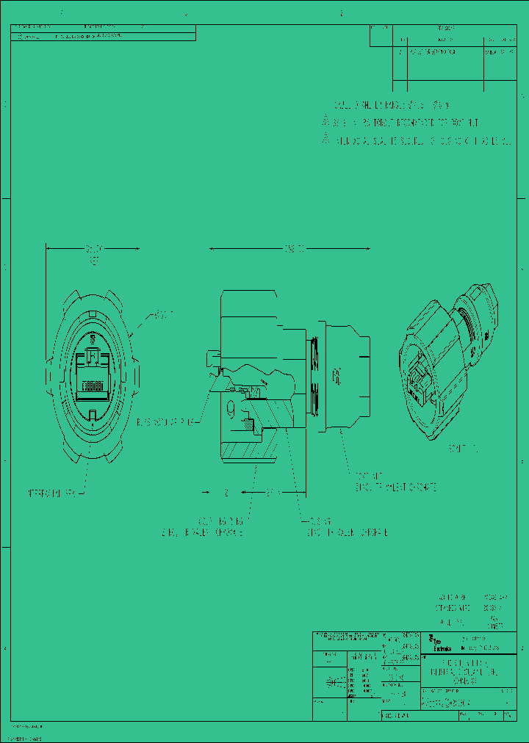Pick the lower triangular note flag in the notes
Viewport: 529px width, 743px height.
coord(326,139)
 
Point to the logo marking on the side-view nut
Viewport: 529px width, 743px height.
coord(337,378)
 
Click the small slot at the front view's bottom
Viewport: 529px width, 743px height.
coord(92,415)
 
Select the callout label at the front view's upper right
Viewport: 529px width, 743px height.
coord(164,315)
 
